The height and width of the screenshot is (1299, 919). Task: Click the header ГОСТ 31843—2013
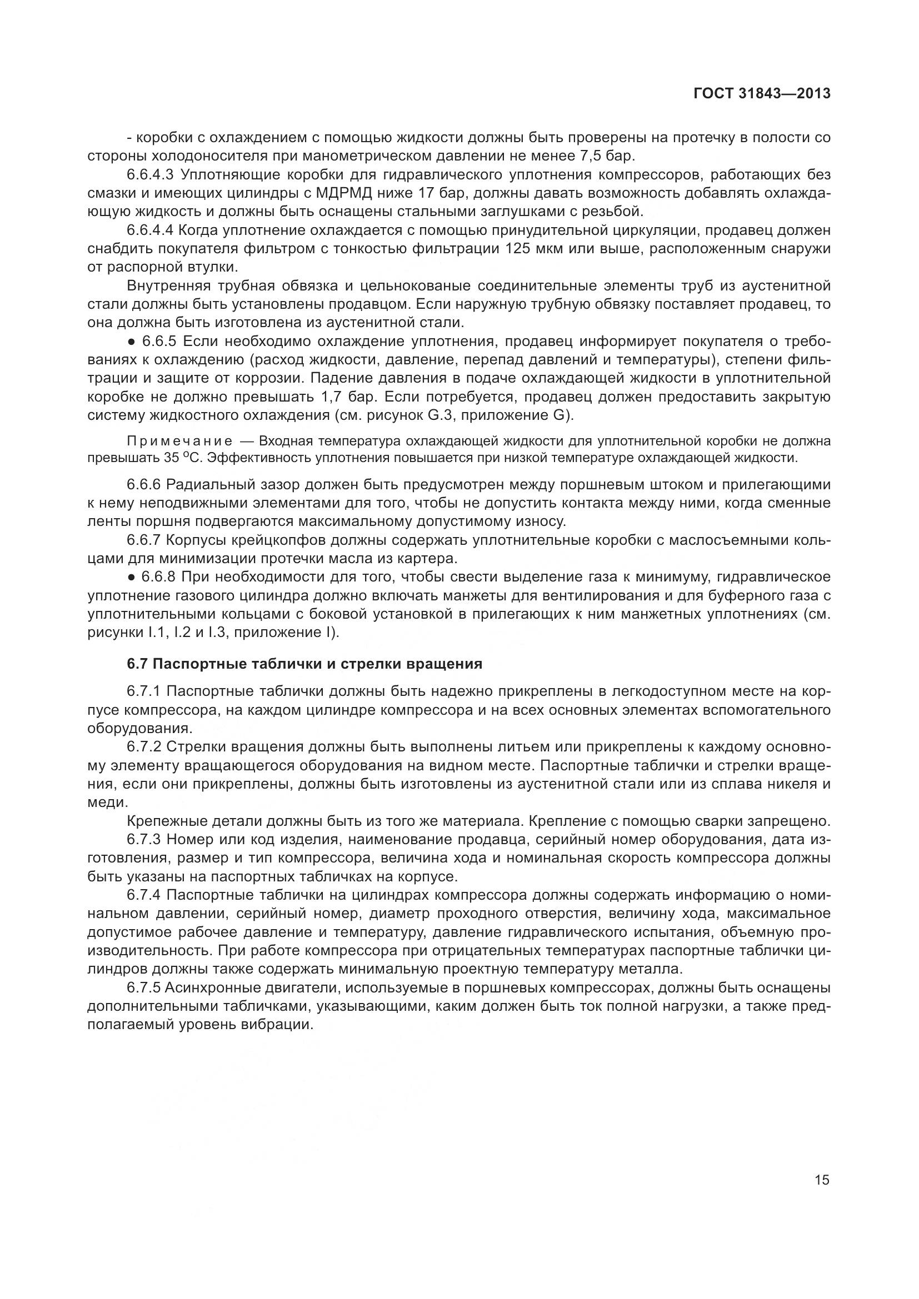[x=762, y=94]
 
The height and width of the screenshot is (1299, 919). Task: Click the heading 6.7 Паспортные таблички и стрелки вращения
[x=304, y=664]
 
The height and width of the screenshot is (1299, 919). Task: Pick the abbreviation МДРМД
[x=343, y=193]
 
